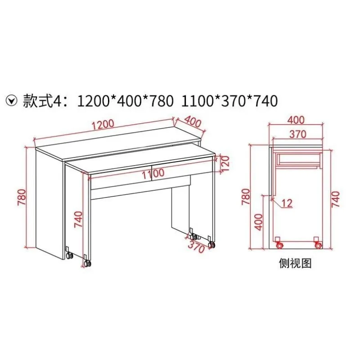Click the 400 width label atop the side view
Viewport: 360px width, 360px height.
(x=296, y=120)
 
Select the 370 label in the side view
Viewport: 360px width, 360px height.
(x=297, y=134)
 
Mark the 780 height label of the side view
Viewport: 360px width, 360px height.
(x=246, y=196)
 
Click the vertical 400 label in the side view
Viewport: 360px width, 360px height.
(x=258, y=221)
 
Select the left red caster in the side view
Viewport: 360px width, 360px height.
(x=280, y=246)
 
